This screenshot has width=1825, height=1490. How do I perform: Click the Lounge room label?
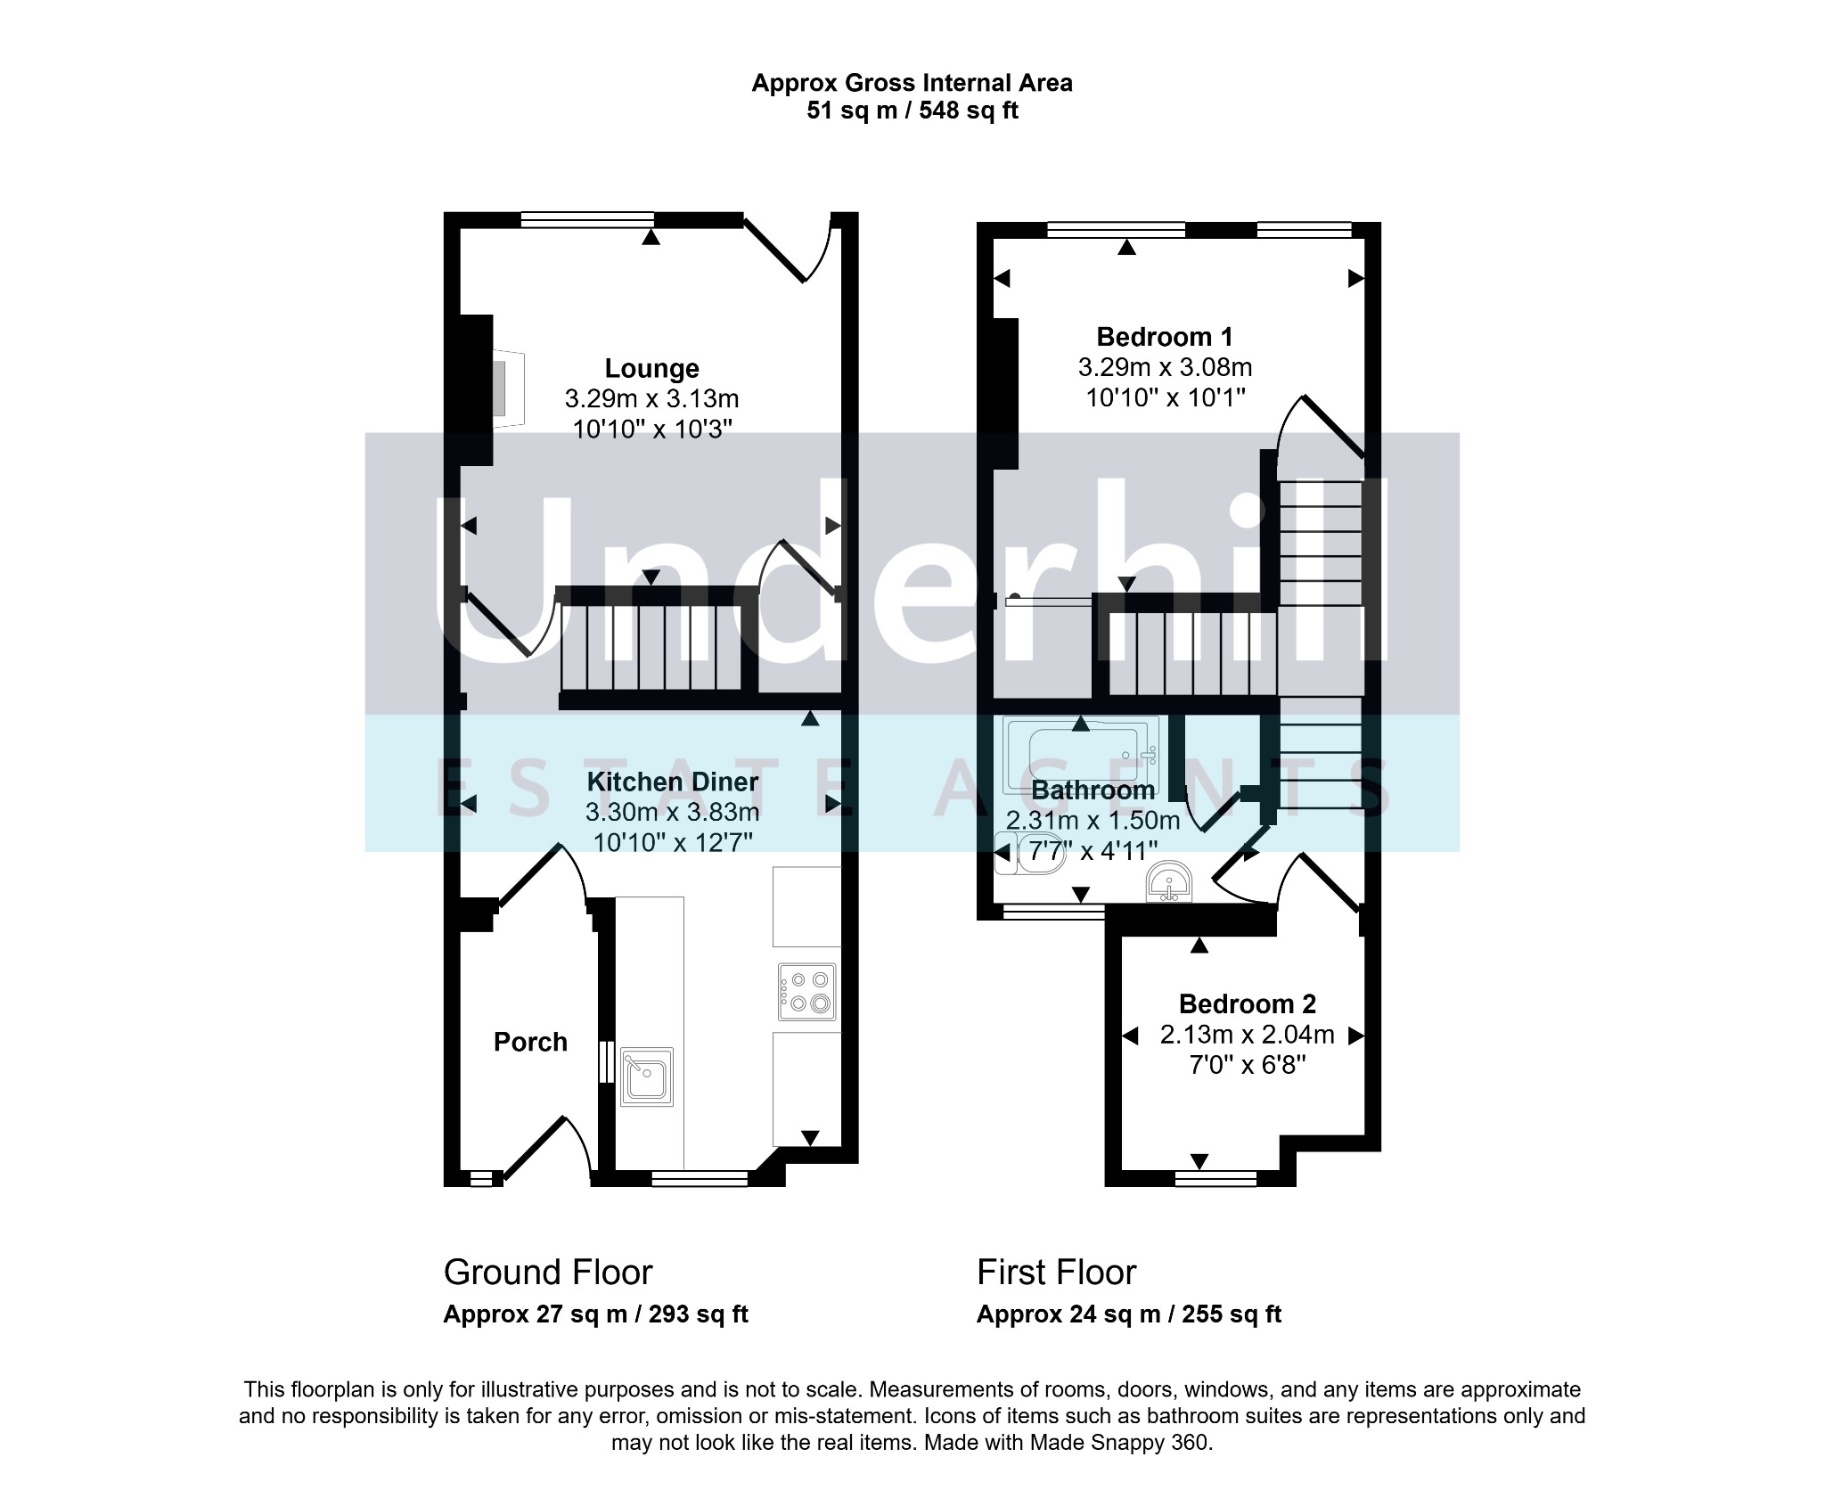(651, 368)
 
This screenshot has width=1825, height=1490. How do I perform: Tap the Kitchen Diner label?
(673, 782)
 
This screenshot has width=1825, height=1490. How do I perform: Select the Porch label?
(530, 1042)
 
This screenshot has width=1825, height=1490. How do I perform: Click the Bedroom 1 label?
(1165, 337)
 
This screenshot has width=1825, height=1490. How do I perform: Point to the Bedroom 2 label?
(1248, 1004)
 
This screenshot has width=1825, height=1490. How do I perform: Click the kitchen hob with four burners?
(807, 991)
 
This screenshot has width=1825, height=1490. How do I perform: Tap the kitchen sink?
(647, 1077)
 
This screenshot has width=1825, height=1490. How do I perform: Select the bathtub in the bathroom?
(1082, 754)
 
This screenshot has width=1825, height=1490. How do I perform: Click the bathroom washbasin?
(1169, 882)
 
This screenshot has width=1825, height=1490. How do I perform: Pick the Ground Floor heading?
(548, 1273)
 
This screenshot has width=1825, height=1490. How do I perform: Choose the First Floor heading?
(1056, 1273)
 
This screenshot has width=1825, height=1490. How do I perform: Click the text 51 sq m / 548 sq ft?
(912, 111)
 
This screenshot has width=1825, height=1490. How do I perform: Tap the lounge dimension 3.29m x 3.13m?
(651, 398)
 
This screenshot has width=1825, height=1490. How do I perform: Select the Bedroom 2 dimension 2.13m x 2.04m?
(1248, 1035)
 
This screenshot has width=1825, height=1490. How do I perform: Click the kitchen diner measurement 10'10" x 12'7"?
(673, 841)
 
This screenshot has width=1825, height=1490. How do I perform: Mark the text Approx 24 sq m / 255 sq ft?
(1129, 1314)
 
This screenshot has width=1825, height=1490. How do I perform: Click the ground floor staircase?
(651, 648)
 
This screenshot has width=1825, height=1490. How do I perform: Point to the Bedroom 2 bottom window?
(1215, 1179)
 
